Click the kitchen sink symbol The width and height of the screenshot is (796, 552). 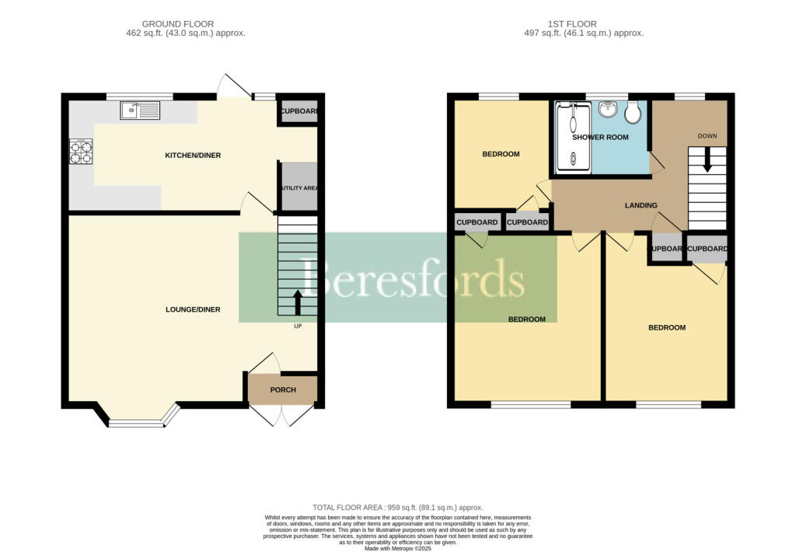(140, 111)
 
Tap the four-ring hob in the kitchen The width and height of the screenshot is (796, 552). (81, 152)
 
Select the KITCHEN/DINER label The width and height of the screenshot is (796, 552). (193, 155)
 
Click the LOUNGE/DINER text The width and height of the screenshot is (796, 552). (193, 309)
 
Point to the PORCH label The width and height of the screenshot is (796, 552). (283, 390)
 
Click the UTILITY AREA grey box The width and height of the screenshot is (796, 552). (298, 187)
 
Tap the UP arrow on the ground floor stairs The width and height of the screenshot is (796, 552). (298, 302)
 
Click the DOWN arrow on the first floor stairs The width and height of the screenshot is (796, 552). (707, 160)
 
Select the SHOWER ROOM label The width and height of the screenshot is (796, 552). (600, 138)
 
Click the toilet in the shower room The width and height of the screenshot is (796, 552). (632, 112)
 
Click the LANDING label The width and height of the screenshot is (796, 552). (641, 205)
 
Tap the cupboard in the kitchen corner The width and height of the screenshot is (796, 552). (298, 112)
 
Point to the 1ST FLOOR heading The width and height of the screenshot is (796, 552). (584, 24)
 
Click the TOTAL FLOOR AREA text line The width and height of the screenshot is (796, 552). (398, 506)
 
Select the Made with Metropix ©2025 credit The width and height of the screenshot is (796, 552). (398, 548)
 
